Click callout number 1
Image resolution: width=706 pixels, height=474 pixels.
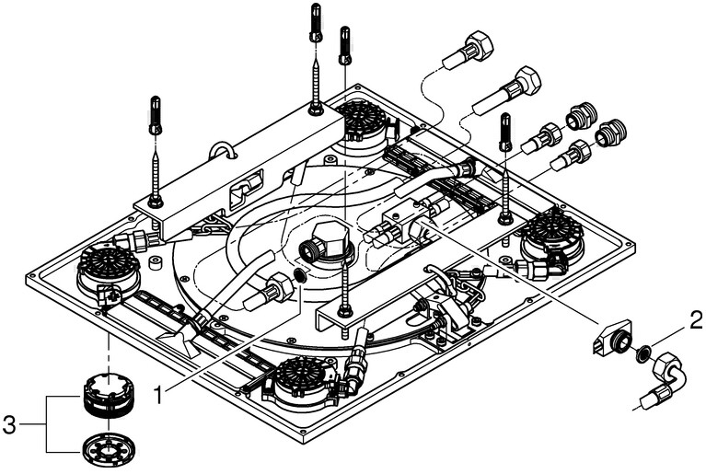point(159,394)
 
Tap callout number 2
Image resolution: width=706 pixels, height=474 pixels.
point(696,321)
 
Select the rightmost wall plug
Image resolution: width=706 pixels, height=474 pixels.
point(504,131)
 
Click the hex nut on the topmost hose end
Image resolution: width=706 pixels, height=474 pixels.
point(480,45)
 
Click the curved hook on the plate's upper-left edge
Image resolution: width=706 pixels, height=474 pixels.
point(220,149)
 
